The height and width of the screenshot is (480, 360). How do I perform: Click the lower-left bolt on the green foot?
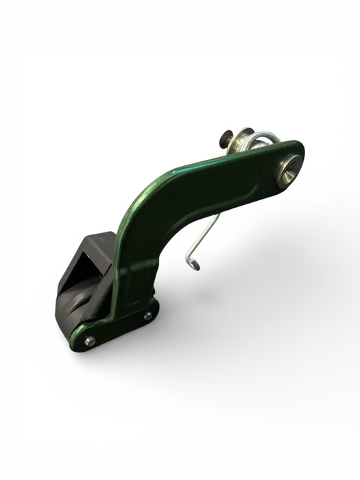(x=89, y=340)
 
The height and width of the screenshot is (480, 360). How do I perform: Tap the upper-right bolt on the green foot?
(x=147, y=315)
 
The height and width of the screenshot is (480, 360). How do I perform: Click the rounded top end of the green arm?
(x=295, y=154)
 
